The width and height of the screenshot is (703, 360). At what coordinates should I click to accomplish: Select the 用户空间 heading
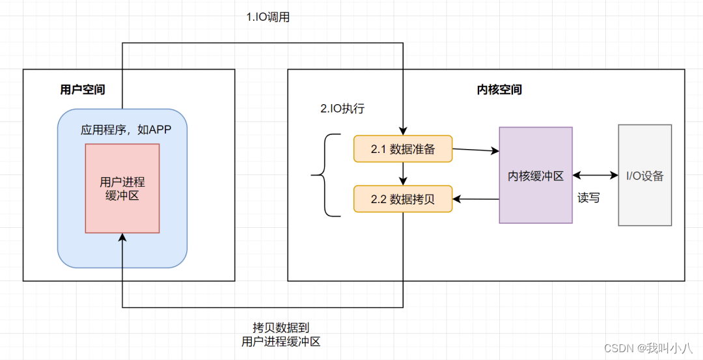(83, 90)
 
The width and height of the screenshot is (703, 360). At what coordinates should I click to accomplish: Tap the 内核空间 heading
(499, 90)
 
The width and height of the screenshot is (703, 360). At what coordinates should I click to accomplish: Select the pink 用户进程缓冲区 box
(122, 188)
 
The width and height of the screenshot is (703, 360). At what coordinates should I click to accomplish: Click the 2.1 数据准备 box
(402, 149)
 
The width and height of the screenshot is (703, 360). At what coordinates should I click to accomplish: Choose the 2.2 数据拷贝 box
(402, 199)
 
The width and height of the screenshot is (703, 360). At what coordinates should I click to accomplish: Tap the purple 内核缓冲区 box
(536, 176)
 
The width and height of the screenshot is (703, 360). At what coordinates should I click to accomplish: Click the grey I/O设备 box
(644, 176)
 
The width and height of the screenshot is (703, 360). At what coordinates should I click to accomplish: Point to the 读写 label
(588, 198)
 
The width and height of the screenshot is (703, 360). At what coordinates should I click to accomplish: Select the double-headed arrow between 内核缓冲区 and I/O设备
(595, 176)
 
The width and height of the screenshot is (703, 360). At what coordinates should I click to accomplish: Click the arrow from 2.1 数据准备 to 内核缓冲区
(475, 150)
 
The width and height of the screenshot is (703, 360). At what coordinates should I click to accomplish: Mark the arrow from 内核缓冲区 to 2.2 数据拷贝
(475, 199)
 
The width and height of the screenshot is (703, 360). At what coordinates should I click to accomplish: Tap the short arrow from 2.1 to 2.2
(404, 174)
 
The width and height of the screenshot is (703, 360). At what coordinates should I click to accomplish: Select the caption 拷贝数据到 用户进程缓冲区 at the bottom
(281, 334)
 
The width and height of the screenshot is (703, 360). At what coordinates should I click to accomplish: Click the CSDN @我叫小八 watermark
(648, 348)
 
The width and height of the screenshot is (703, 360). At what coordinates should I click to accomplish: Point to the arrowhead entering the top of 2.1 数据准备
(404, 131)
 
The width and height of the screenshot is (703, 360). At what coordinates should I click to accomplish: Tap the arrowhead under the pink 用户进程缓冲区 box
(122, 238)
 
